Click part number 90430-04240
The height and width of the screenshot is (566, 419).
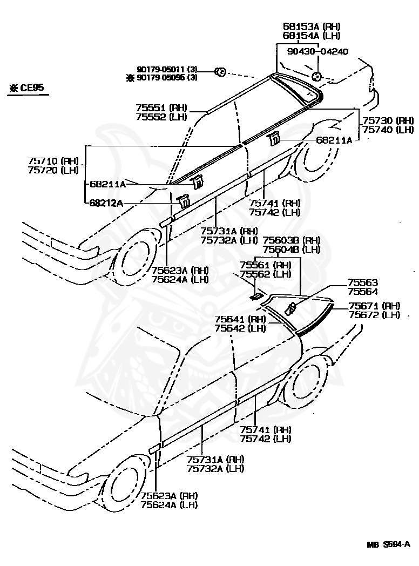pos(317,51)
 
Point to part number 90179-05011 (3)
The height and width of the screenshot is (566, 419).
pos(167,69)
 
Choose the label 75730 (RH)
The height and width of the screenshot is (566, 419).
pos(388,120)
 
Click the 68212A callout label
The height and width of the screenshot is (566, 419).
pos(106,203)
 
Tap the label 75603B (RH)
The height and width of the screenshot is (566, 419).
pos(292,240)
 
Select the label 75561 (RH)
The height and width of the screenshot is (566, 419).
pos(266,265)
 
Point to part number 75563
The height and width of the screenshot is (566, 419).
pos(363,283)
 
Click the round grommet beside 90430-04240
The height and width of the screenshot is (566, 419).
pos(317,76)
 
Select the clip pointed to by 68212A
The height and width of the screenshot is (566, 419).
pos(184,201)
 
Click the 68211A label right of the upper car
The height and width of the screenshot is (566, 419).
pos(334,140)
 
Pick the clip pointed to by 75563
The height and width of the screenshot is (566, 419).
pos(291,308)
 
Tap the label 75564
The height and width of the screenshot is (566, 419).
pos(363,292)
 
